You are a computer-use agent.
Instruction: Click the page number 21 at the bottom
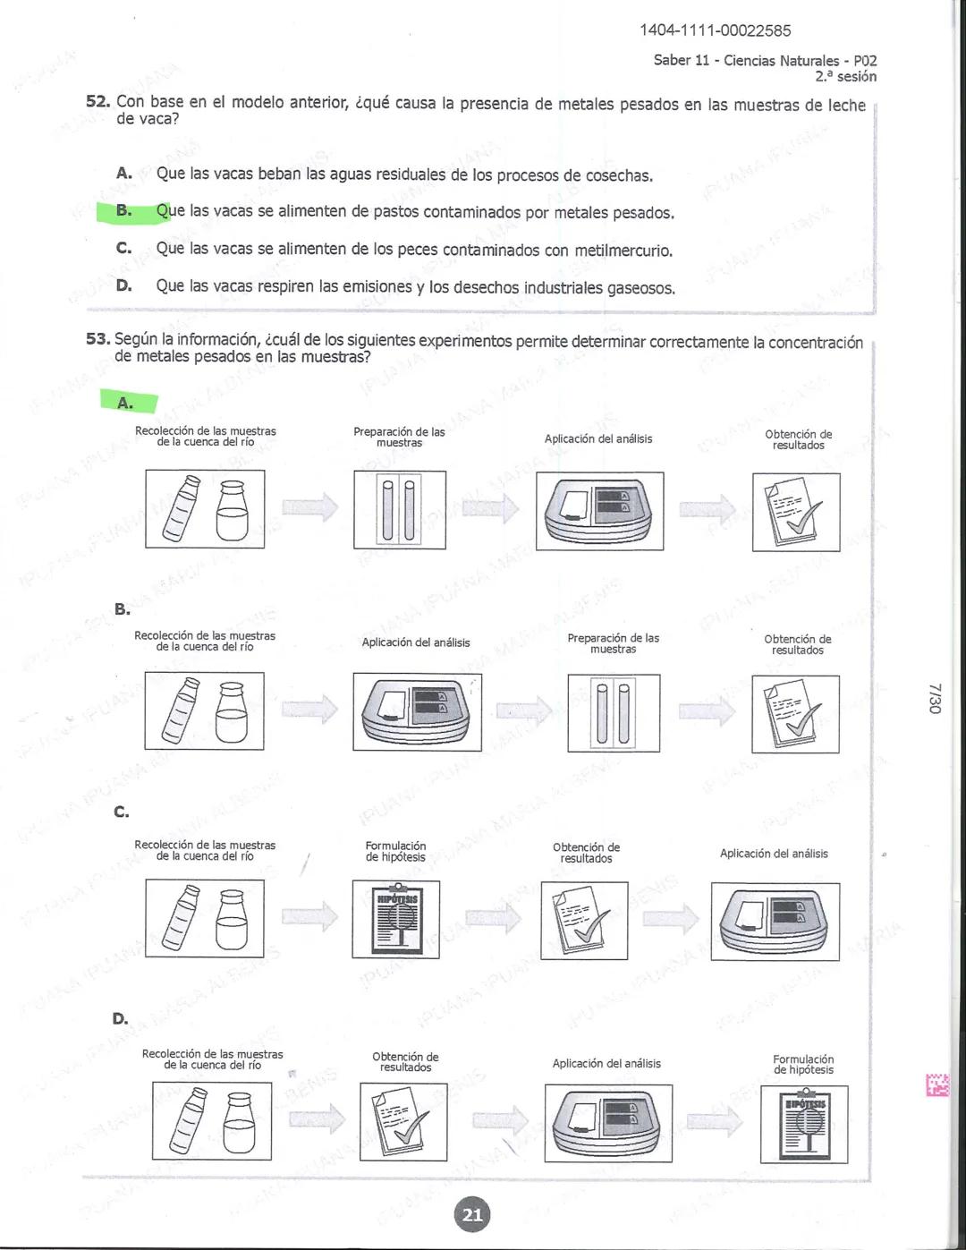(x=472, y=1214)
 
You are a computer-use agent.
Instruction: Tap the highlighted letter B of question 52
(x=124, y=211)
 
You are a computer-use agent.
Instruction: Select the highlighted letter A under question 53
(x=125, y=404)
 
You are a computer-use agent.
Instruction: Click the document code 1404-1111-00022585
(x=715, y=30)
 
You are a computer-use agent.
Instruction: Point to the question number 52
(x=97, y=102)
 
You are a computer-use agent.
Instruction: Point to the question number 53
(x=97, y=339)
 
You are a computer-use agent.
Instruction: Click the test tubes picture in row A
(x=399, y=510)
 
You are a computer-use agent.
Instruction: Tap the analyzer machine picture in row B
(x=417, y=712)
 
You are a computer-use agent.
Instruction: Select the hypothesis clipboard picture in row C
(x=395, y=919)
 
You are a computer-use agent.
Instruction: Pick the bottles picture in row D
(x=212, y=1121)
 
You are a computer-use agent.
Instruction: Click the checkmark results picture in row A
(x=796, y=511)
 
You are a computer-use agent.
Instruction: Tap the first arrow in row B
(x=309, y=710)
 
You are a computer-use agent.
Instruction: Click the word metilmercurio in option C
(x=623, y=251)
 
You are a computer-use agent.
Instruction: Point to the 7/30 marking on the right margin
(x=935, y=698)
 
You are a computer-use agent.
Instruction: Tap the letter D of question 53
(x=120, y=1018)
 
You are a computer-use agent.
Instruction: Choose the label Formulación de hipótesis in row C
(x=395, y=851)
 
